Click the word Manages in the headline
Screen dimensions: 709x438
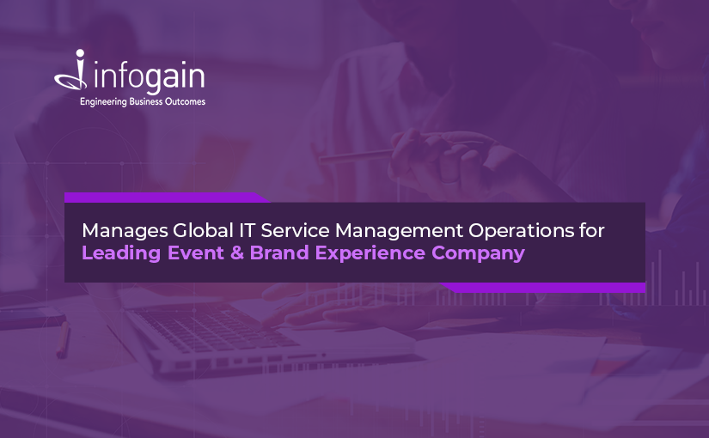pos(125,231)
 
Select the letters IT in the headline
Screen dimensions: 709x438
pos(247,230)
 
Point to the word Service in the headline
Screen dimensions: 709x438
pos(295,230)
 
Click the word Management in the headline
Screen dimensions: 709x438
pos(399,231)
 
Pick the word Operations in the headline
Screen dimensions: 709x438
pos(521,231)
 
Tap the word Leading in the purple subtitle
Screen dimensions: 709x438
pos(121,253)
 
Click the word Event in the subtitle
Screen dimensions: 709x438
pos(195,252)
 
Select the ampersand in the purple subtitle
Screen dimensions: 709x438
pos(237,252)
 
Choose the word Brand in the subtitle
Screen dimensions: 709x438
pos(279,252)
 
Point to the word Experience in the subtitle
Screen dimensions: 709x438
pos(370,253)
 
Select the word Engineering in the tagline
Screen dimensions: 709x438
pos(103,102)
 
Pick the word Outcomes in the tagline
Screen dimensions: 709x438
pos(185,101)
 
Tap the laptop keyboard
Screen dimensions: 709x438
pos(212,329)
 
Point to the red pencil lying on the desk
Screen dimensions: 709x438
pos(63,339)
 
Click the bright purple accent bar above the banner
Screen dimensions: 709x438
pos(167,198)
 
